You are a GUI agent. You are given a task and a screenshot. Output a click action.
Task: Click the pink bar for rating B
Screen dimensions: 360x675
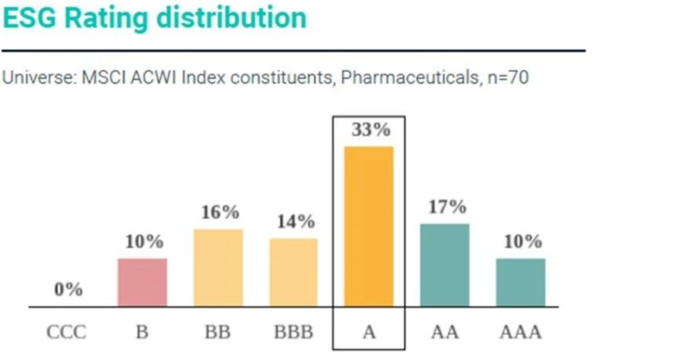coord(142,282)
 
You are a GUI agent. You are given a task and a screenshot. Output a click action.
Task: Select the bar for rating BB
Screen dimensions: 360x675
coord(218,267)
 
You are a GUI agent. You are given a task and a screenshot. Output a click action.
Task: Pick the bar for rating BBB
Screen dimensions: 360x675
coord(294,272)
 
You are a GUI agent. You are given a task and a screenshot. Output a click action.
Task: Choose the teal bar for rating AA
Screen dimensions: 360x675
coord(444,265)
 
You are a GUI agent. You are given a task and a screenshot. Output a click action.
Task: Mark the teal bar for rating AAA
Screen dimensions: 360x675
coord(521,282)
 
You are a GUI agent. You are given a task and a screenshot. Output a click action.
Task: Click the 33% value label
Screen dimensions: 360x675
coord(371,130)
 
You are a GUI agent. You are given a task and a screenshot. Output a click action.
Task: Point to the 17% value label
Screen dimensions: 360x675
coord(447,207)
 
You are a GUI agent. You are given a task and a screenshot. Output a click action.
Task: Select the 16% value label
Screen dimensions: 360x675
coord(220,213)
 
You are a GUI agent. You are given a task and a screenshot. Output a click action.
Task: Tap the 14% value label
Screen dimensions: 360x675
coord(296,222)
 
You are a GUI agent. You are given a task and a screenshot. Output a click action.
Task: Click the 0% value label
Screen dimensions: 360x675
coord(69,290)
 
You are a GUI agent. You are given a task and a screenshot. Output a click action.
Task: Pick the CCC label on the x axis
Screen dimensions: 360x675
coord(66,333)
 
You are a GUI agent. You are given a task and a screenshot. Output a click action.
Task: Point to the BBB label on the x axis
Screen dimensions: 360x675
coord(294,333)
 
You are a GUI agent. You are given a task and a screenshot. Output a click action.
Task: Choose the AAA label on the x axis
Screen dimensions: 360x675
coord(521,333)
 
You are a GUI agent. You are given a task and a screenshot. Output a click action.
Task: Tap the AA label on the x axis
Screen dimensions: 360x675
coord(444,333)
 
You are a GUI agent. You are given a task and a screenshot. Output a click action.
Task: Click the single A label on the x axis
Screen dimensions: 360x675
coord(369,333)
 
